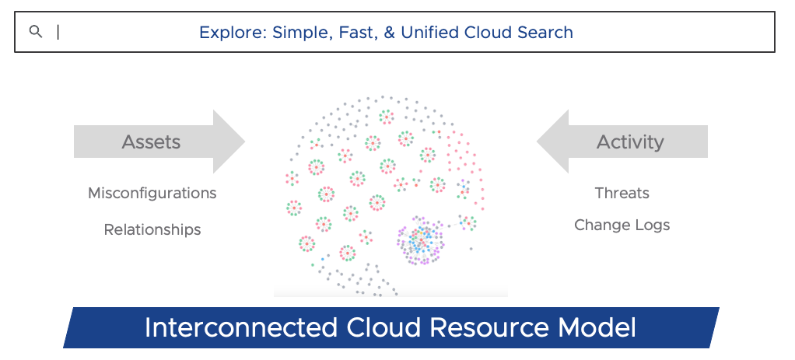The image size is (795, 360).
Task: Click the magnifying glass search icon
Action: (35, 32)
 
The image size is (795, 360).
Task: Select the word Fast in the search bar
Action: (356, 33)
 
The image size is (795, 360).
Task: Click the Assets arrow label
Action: (151, 142)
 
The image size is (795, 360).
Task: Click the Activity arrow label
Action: (630, 142)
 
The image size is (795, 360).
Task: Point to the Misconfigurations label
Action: (152, 193)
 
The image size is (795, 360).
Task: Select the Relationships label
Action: (152, 229)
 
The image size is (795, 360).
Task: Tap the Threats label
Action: (622, 193)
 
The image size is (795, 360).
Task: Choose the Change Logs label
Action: (622, 225)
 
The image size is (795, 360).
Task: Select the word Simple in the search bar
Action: (300, 33)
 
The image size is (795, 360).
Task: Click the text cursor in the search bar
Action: (58, 32)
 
